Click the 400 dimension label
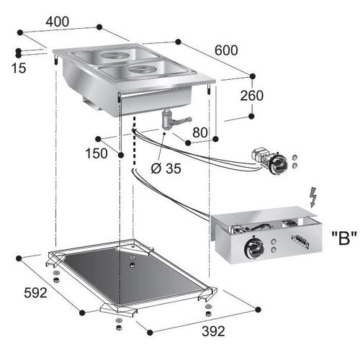point(57,21)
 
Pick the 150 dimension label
point(117,153)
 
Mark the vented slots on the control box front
point(296,244)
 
